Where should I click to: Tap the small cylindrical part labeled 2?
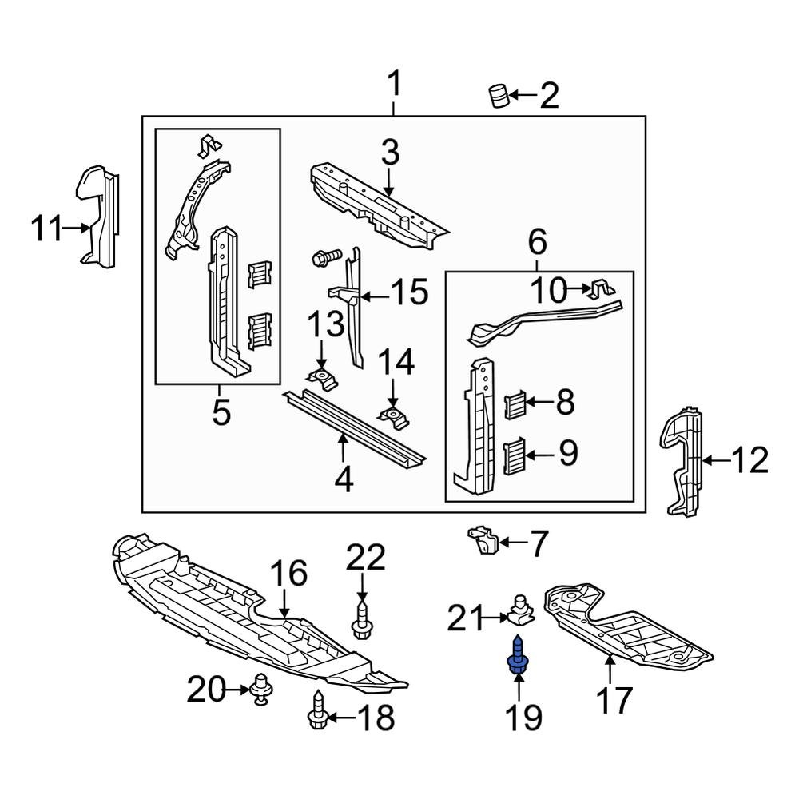point(499,96)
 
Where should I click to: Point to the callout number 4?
point(344,479)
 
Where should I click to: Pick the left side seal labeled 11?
point(97,216)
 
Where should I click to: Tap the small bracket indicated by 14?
point(392,415)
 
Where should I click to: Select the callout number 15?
point(409,292)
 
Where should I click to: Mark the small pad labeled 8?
point(515,405)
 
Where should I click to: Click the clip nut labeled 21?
point(520,611)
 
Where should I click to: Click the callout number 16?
point(288,574)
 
